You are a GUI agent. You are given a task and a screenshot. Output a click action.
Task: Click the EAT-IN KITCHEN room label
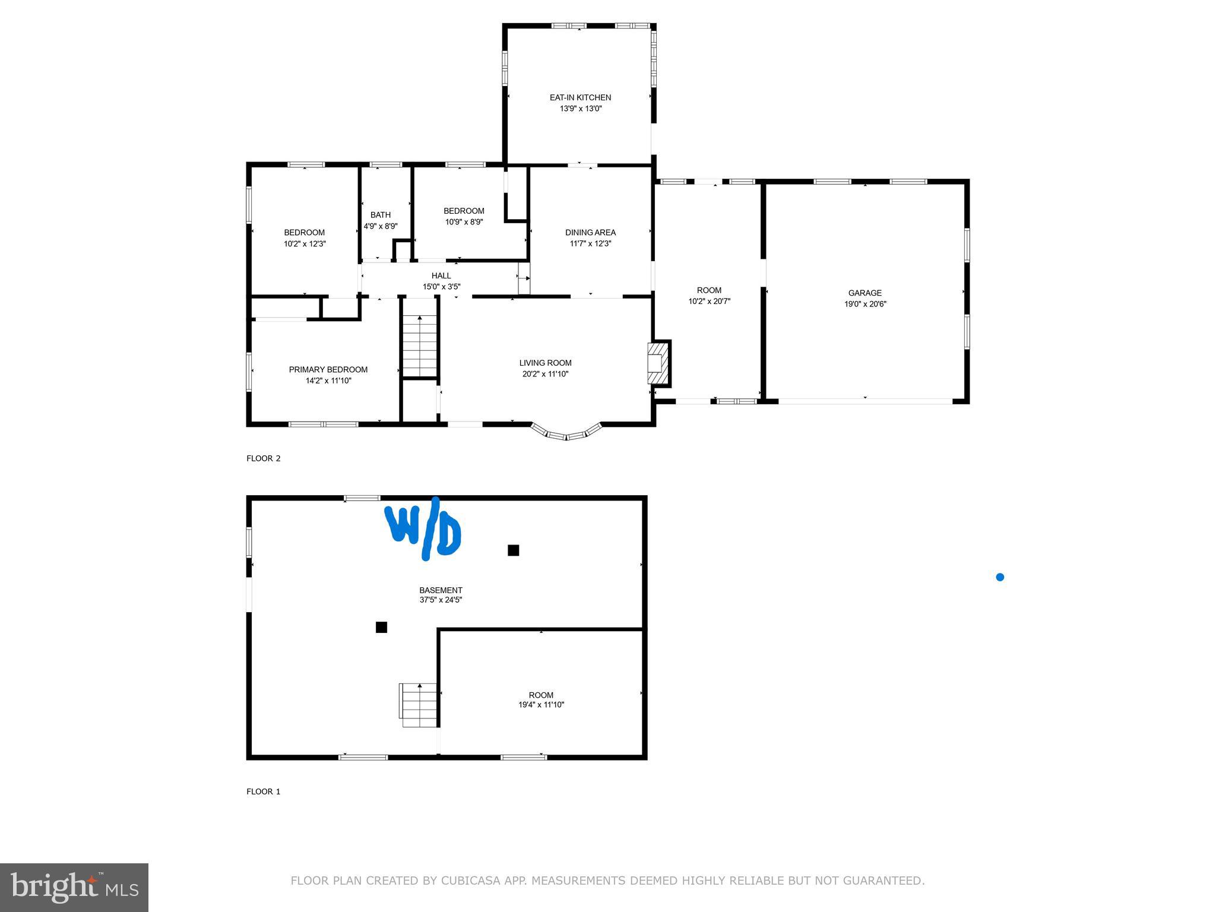tap(580, 97)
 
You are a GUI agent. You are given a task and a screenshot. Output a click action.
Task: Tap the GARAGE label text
tap(864, 293)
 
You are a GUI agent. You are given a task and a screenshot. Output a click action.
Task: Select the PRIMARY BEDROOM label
tap(328, 369)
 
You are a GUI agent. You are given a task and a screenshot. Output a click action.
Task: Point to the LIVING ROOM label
tap(545, 363)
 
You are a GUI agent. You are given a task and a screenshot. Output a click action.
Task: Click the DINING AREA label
tap(590, 232)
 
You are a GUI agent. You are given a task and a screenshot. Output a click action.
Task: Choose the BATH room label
tap(381, 215)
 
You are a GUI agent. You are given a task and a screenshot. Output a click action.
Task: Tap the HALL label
tap(441, 275)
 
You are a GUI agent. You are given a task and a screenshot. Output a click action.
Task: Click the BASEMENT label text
tap(441, 590)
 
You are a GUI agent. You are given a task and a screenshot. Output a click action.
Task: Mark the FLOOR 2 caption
tap(263, 458)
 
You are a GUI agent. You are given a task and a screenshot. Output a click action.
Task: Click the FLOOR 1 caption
tap(263, 791)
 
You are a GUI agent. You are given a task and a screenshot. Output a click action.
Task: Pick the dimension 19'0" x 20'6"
tap(865, 304)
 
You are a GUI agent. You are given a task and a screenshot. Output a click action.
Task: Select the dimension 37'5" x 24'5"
tap(441, 600)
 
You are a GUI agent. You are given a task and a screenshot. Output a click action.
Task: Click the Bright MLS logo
tap(74, 887)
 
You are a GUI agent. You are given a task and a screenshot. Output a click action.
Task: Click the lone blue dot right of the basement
tap(1000, 577)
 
